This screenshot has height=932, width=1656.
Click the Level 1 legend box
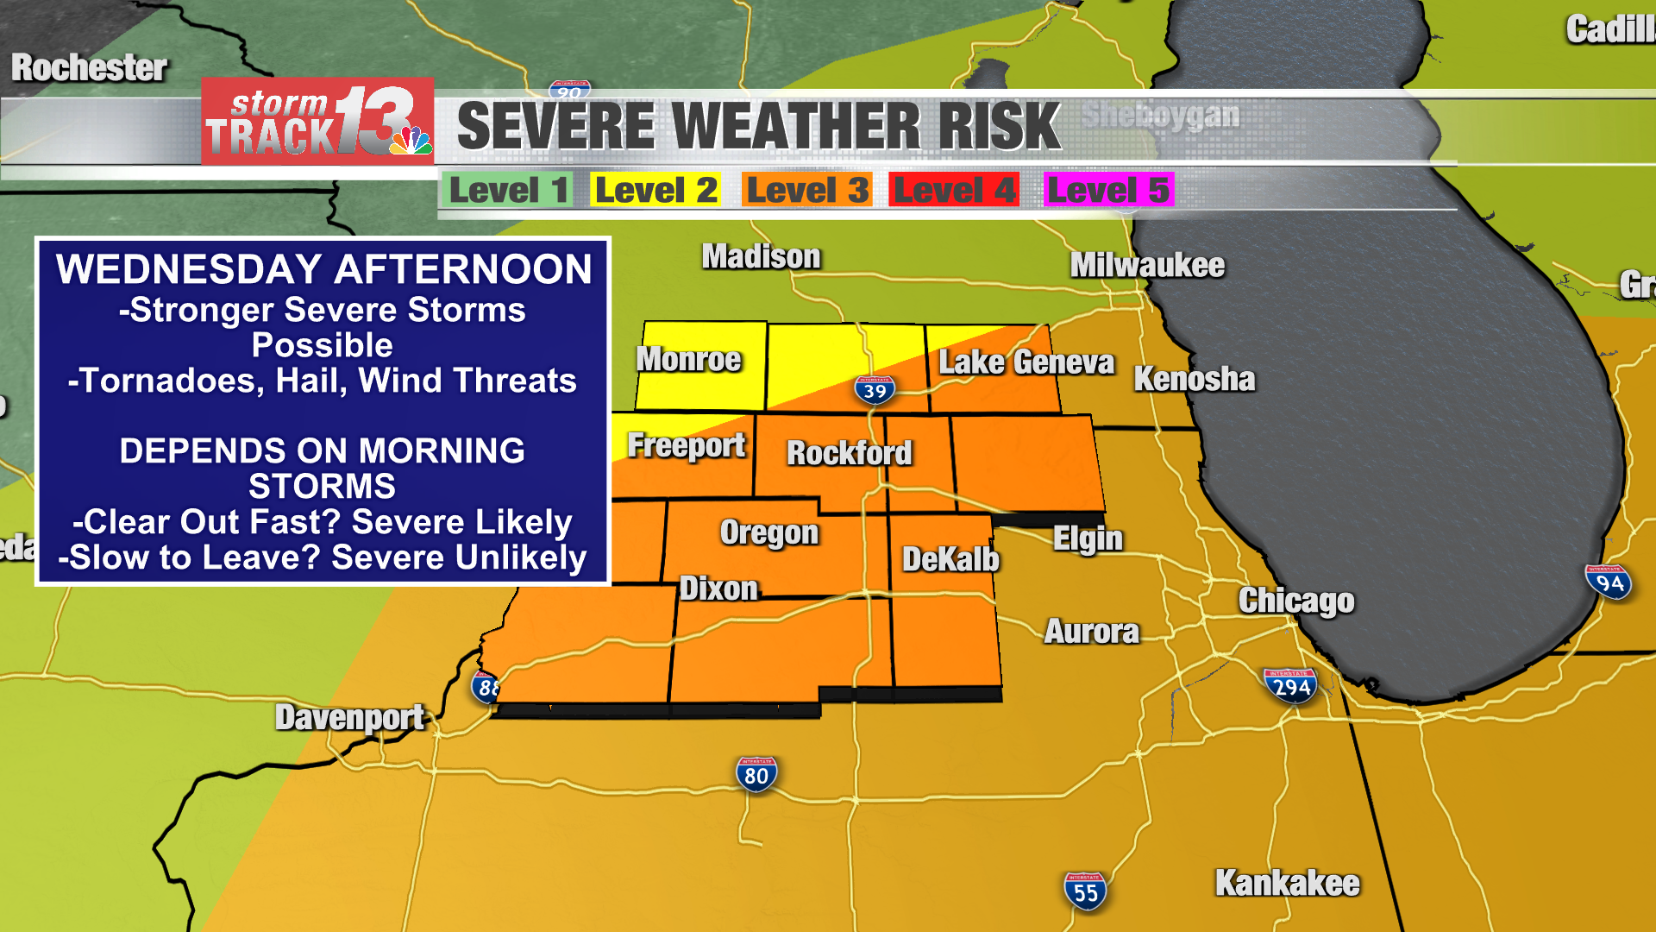coord(507,190)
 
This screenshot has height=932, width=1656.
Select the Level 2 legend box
coord(655,190)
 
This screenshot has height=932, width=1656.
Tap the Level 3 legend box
coord(806,190)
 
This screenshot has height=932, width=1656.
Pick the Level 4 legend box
coord(954,190)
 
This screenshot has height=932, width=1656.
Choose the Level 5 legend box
coord(1108,190)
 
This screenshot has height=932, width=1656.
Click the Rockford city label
coord(849,453)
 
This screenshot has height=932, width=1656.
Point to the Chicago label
coord(1295,601)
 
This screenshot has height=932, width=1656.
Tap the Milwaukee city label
coord(1146,266)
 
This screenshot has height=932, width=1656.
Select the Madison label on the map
coord(761,257)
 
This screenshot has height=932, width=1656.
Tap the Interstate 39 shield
coord(875,390)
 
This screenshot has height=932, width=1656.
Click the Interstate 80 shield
coord(756,775)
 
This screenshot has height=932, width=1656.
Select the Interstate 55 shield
coord(1085,891)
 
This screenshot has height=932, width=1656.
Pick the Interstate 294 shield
coord(1291,687)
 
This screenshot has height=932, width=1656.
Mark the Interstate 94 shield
coord(1609,582)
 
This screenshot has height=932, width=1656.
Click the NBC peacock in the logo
coord(411,141)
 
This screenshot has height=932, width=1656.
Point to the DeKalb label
coord(950,560)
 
